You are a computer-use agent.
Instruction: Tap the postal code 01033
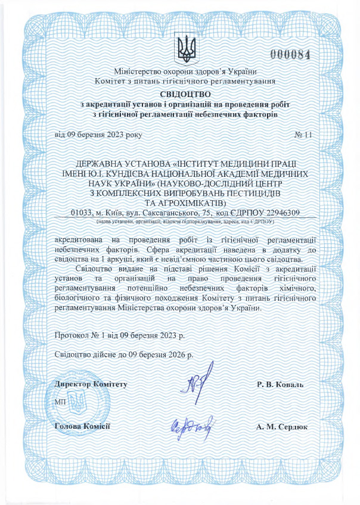click(x=83, y=212)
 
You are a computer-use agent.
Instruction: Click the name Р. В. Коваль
click(x=280, y=385)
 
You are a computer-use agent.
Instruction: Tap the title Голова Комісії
click(x=82, y=426)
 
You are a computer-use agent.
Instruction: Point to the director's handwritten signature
click(x=195, y=388)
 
